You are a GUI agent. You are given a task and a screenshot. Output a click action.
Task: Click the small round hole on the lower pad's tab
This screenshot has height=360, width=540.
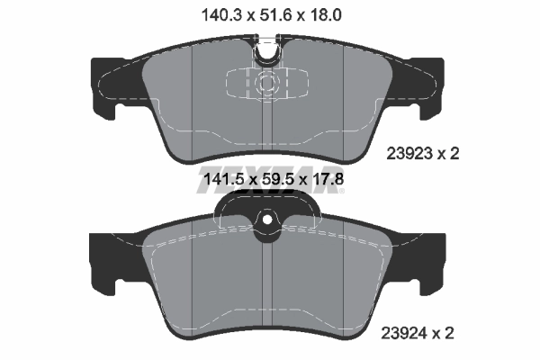[267, 222]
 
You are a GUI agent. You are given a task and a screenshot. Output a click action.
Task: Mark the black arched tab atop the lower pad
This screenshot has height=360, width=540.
[267, 209]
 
